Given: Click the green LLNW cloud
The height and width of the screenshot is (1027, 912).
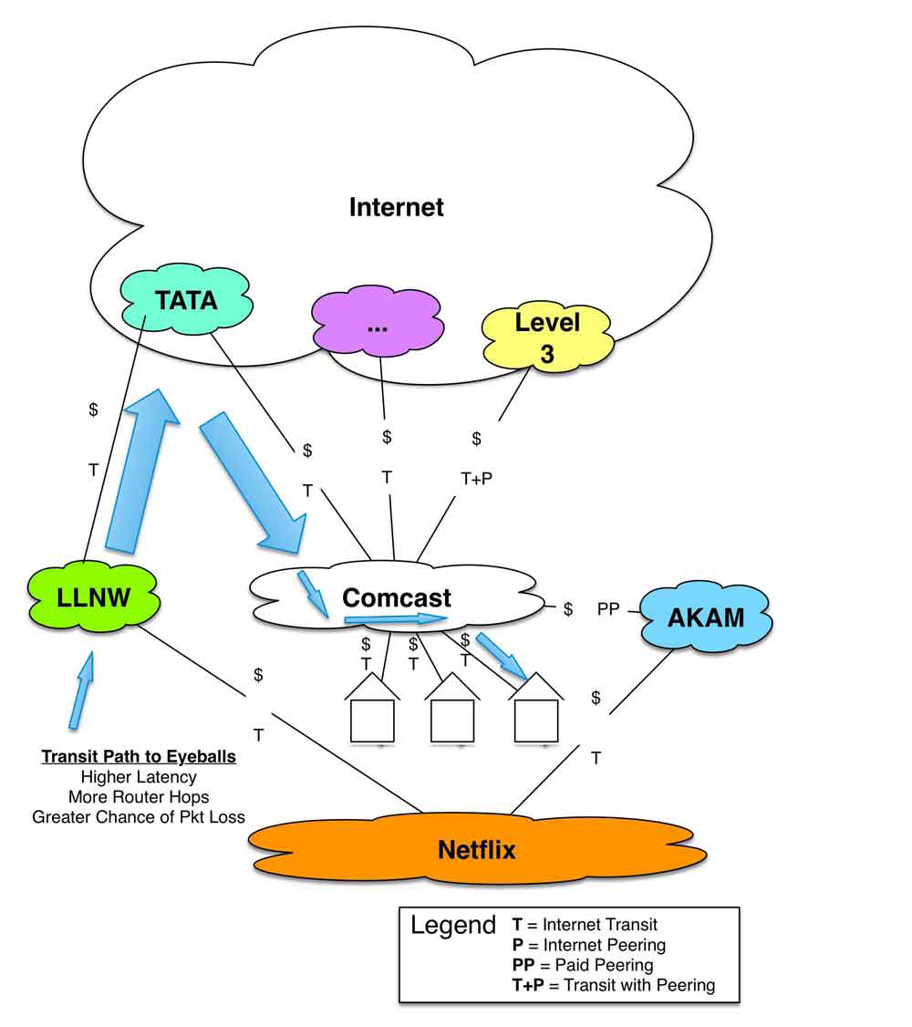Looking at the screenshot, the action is click(94, 596).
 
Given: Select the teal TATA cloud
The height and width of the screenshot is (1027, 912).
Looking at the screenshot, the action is click(187, 298).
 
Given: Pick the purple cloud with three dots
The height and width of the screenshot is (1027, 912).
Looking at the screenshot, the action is click(378, 322).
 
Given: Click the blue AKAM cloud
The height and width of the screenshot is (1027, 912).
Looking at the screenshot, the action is click(706, 617).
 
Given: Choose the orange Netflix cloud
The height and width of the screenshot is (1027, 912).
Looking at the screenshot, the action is click(477, 849).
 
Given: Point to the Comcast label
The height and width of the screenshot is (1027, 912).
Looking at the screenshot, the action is click(397, 597).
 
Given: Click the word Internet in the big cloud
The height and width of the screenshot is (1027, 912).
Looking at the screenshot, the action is click(396, 207).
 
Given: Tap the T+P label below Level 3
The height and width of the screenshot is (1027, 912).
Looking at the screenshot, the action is click(476, 479).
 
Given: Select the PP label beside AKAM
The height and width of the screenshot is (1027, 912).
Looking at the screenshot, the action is click(608, 609).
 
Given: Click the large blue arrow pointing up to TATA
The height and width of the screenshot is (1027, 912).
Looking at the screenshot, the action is click(140, 471).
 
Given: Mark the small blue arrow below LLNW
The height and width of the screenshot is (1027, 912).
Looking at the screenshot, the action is click(82, 690).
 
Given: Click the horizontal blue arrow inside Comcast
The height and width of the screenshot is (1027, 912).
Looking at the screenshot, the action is click(396, 619).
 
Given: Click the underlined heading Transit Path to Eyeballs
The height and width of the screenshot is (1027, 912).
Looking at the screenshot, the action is click(139, 756).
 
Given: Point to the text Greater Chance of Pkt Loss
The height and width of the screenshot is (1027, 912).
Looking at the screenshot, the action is click(139, 816).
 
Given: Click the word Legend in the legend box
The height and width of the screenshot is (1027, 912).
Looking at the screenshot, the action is click(453, 926).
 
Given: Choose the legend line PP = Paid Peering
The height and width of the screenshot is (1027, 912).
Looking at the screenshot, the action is click(583, 965).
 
